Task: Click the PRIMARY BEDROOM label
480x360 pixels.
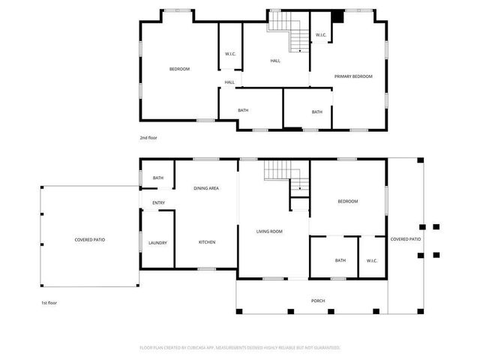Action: click(x=352, y=76)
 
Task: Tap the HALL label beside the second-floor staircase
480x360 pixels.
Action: click(x=275, y=61)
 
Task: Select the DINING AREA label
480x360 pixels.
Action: click(x=206, y=188)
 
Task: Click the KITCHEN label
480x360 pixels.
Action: click(x=207, y=242)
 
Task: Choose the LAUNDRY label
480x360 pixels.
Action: click(x=157, y=242)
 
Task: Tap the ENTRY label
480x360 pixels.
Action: click(x=158, y=202)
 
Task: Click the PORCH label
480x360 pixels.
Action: click(x=319, y=301)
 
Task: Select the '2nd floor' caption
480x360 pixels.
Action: click(x=148, y=138)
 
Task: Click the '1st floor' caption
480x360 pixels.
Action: click(x=49, y=303)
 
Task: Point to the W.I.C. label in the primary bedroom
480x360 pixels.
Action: click(x=320, y=35)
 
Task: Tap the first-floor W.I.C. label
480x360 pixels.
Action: click(x=371, y=260)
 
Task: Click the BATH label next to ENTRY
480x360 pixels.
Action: click(x=158, y=178)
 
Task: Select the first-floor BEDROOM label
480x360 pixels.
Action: click(x=347, y=201)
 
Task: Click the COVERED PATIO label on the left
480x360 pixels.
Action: click(x=89, y=240)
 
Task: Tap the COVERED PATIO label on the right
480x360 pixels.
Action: click(x=405, y=239)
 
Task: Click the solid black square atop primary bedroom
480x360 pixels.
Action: click(x=338, y=16)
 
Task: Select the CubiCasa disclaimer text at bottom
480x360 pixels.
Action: click(x=240, y=347)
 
